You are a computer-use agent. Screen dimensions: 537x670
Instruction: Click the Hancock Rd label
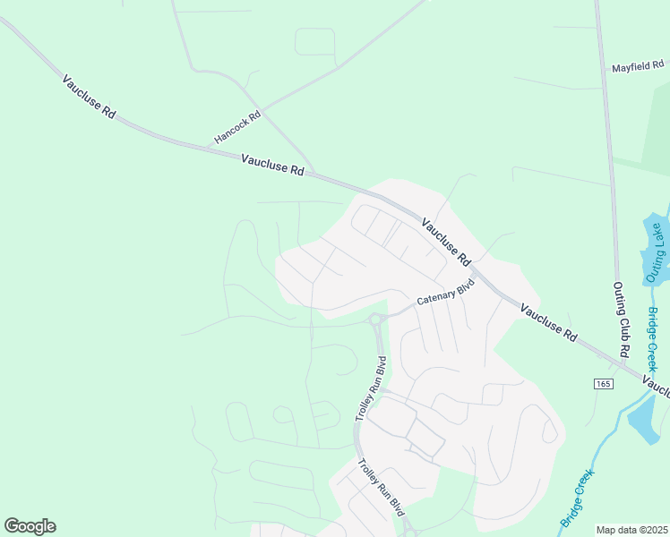pyautogui.click(x=237, y=128)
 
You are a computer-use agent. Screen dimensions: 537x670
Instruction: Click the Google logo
pyautogui.click(x=30, y=526)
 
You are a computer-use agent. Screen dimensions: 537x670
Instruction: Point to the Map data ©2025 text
pyautogui.click(x=631, y=530)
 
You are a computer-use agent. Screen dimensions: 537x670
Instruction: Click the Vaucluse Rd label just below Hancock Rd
pyautogui.click(x=272, y=164)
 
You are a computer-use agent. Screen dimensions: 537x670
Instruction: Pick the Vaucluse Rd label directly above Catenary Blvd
pyautogui.click(x=445, y=243)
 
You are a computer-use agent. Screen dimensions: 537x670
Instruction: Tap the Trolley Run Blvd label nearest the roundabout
pyautogui.click(x=370, y=389)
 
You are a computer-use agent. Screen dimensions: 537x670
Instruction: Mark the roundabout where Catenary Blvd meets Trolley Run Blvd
pyautogui.click(x=376, y=318)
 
